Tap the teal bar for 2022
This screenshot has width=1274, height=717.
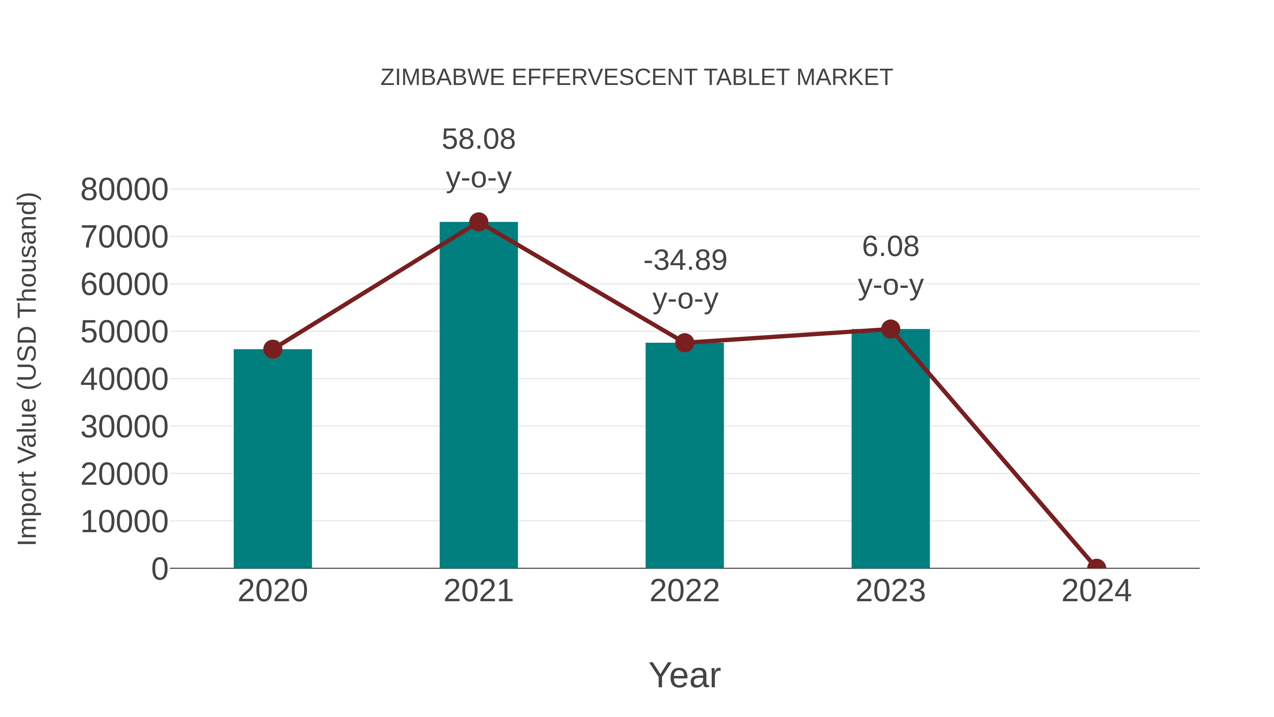coord(684,455)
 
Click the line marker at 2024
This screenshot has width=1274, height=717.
coord(1096,567)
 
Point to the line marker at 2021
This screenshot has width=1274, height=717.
coord(478,222)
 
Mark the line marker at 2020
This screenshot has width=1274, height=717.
coord(272,349)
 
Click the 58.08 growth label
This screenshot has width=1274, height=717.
coord(478,139)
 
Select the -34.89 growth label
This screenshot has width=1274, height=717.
coord(685,260)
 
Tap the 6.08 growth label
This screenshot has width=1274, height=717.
coord(890,246)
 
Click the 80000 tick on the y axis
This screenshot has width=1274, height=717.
coord(124,189)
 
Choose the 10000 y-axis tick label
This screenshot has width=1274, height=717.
coord(124,522)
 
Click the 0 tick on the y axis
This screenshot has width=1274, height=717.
coord(159,569)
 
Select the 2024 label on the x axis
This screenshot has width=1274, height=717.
coord(1096,591)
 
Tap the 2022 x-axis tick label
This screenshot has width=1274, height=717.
coord(684,591)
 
